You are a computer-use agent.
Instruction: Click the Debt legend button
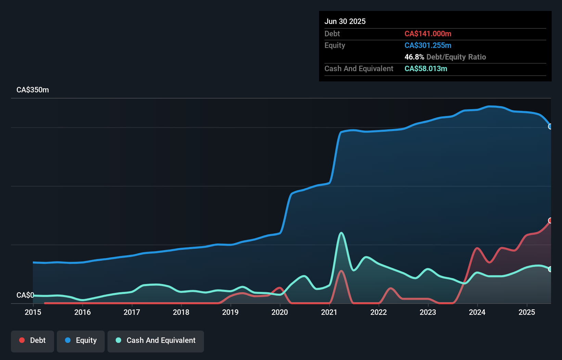click(33, 340)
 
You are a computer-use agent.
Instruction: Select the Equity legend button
click(81, 340)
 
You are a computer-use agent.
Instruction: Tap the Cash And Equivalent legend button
click(156, 340)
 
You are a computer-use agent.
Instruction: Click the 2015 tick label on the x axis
click(33, 312)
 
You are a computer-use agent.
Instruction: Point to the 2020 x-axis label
click(280, 312)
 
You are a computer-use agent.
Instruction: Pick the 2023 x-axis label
click(428, 312)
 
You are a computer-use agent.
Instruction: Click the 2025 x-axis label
click(527, 312)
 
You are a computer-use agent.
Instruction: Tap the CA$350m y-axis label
click(33, 90)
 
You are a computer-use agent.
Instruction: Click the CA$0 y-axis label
click(25, 295)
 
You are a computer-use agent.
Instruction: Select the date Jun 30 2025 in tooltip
click(345, 21)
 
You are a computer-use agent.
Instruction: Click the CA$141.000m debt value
click(428, 34)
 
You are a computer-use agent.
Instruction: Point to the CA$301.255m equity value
click(428, 45)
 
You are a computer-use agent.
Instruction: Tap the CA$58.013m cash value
click(426, 68)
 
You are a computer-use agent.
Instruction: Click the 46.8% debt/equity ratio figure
click(414, 57)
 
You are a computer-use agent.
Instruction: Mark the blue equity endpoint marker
click(550, 127)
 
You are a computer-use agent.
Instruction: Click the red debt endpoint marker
click(550, 220)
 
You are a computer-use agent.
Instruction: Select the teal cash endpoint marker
click(550, 269)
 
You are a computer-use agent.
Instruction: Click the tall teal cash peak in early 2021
click(341, 233)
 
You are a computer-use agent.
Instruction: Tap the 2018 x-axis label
click(181, 312)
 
